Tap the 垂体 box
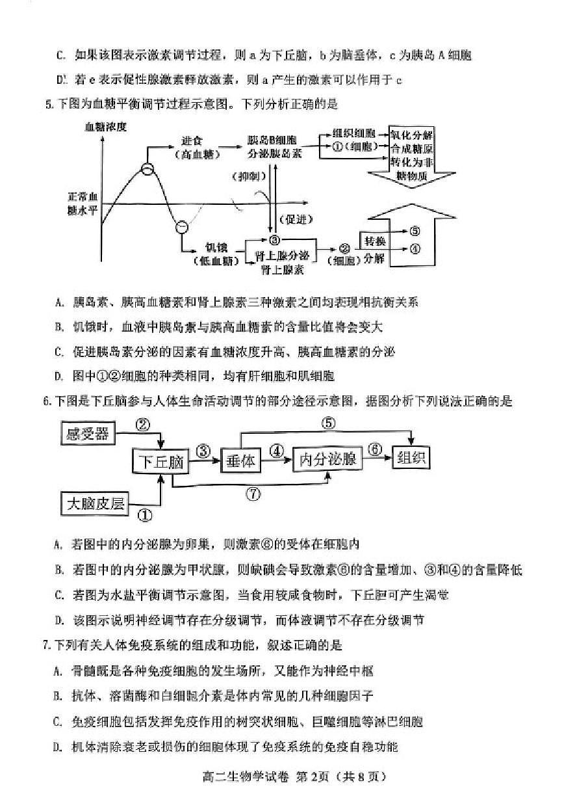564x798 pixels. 240,460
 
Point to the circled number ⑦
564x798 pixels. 253,494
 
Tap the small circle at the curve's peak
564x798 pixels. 147,169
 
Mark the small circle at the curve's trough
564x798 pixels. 182,227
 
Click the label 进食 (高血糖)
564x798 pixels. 197,147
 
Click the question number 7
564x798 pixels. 46,645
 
